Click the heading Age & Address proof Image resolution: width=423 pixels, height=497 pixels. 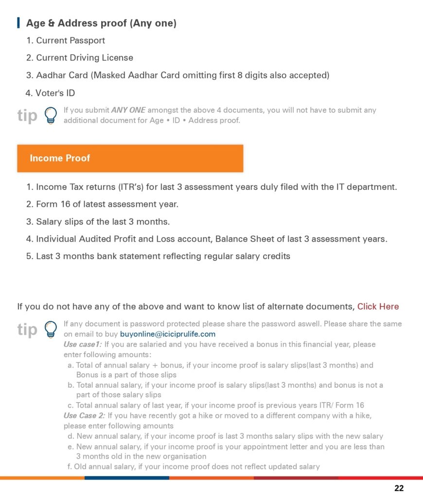(101, 23)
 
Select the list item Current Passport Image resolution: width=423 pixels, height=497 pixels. (70, 40)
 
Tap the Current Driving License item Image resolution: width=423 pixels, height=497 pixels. (84, 58)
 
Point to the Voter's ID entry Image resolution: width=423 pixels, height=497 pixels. (55, 93)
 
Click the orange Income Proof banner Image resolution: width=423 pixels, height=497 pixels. (130, 158)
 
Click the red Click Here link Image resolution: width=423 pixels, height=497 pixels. (378, 306)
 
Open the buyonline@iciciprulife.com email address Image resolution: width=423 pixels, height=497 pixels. (167, 334)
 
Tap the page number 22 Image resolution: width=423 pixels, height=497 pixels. (399, 488)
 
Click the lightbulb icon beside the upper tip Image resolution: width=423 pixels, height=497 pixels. (50, 116)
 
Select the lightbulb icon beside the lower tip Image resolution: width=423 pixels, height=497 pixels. (50, 329)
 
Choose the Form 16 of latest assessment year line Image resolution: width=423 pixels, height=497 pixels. (107, 204)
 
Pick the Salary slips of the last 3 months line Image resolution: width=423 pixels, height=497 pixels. (103, 222)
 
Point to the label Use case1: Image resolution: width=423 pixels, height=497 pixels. (83, 344)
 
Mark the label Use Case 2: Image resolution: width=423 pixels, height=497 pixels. (84, 416)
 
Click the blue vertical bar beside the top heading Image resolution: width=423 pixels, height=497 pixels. (18, 23)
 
